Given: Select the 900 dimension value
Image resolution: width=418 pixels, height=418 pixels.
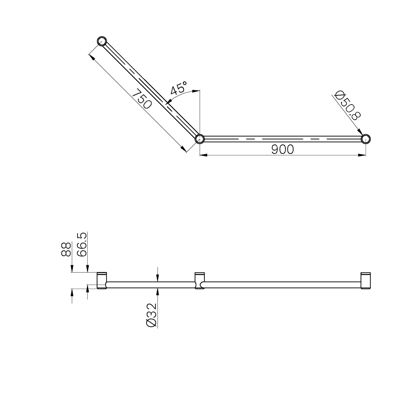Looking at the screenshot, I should coord(283,149).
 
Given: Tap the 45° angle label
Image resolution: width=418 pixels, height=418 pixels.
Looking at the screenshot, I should coord(178,89).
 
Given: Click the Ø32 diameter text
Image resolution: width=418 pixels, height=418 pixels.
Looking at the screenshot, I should coord(152,315).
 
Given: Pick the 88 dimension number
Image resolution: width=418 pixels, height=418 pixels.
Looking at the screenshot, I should coord(66,249).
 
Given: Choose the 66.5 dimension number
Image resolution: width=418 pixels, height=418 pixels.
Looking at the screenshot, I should coord(82,244).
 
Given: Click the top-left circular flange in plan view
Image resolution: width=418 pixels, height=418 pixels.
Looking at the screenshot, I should coord(102,41).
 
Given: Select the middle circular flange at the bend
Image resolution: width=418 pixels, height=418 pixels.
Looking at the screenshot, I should coord(200,139).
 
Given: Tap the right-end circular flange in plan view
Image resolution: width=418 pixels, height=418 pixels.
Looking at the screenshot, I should coord(366,139).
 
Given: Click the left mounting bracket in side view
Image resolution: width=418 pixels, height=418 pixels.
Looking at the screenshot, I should coord(102,281).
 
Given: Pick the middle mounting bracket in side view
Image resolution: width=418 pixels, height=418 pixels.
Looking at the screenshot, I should coord(199,281).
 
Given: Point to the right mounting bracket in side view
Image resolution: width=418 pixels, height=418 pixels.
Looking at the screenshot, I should coord(366,281).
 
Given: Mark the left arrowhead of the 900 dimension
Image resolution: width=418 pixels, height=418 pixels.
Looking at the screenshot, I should coord(203,155).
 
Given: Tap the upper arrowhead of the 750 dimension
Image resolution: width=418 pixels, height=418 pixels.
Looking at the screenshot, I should coord(92,56).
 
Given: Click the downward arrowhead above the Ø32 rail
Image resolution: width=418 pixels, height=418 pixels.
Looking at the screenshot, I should coord(157,278).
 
